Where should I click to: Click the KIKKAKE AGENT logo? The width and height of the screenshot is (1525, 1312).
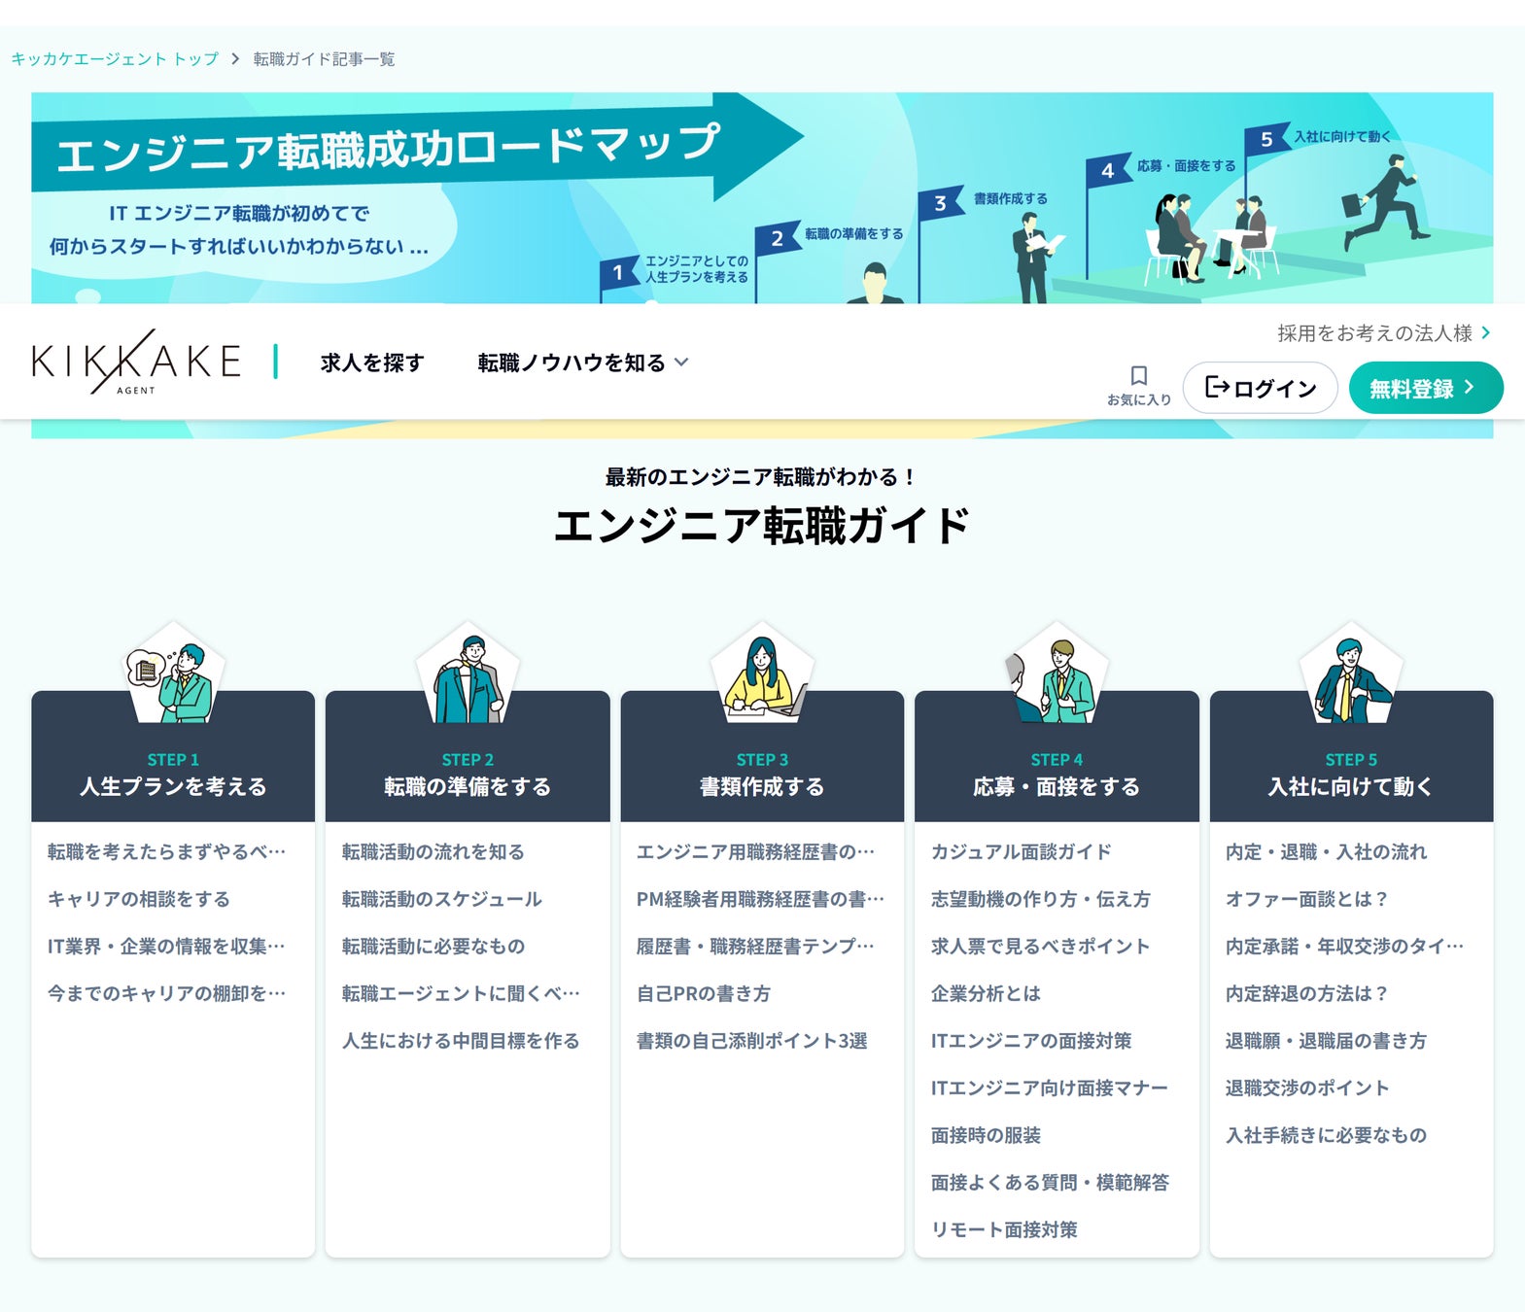(136, 362)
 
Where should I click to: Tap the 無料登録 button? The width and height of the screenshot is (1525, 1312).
(1425, 389)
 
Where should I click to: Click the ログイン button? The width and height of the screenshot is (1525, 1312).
(1260, 389)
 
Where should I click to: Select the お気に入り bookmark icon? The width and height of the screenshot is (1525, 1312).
(1139, 377)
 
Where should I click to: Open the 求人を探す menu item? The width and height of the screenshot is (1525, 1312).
(372, 363)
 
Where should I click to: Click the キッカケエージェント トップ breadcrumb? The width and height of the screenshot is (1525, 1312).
(115, 59)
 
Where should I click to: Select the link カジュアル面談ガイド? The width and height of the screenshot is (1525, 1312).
(1021, 852)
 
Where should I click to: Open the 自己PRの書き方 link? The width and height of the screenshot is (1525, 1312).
(704, 994)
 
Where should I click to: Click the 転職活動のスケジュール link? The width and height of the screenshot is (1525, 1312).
(441, 900)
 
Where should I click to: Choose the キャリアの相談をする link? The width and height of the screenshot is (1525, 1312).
(139, 900)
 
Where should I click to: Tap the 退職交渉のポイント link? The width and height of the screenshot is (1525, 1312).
(1306, 1088)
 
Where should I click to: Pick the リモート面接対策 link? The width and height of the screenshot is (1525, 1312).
(1004, 1230)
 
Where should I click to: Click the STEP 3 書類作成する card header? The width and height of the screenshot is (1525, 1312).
(762, 775)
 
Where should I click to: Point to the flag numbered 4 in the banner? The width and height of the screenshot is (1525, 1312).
(1107, 171)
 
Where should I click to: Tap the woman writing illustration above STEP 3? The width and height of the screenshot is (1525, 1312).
(762, 675)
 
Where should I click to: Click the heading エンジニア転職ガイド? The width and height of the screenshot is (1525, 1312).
(762, 526)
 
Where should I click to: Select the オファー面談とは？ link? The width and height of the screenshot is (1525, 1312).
(1306, 900)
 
